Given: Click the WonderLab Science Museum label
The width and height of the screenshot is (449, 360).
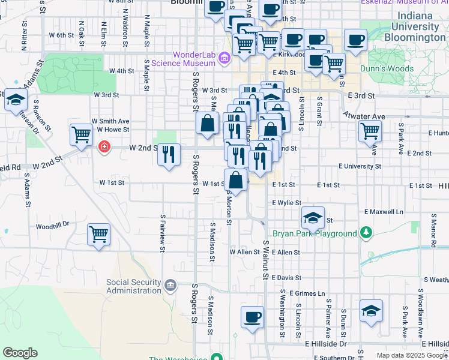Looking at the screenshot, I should [194, 59].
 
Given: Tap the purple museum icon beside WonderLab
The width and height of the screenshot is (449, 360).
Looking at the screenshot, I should [224, 58].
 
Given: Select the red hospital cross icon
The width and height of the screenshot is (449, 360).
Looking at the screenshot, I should [104, 146].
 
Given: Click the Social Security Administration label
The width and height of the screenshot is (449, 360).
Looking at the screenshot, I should [134, 286].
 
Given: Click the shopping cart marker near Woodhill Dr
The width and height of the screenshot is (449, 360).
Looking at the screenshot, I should [98, 235].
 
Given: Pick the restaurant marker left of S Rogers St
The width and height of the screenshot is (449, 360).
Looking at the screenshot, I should [169, 154].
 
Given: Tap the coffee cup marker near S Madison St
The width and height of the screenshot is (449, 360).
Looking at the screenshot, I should [252, 317].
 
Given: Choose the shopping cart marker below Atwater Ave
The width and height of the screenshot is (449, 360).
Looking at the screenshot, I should [370, 131].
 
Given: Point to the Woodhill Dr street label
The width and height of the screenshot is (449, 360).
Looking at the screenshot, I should [52, 226].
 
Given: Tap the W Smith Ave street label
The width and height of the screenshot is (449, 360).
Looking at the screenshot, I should [110, 120].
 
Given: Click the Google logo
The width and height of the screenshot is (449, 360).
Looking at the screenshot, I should [20, 353].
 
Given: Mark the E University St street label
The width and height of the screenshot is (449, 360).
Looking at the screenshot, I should [360, 166].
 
